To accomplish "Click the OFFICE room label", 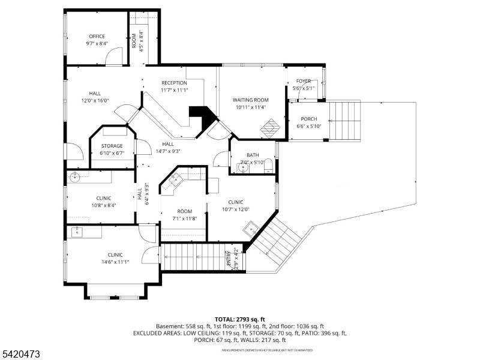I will (97, 37).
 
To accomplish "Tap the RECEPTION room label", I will (174, 83).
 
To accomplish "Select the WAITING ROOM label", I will (250, 100).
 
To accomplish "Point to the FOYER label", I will (303, 81).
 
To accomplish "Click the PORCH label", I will (309, 119).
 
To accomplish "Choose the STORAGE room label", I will (112, 146).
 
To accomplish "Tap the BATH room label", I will (253, 155).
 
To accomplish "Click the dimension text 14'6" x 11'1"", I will (115, 262).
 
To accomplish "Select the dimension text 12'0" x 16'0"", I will (95, 101).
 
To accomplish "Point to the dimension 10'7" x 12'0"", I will (235, 209).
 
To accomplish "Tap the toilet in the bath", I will (269, 166).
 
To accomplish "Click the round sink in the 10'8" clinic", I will (75, 176).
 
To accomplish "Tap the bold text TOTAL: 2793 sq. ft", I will (239, 319).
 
